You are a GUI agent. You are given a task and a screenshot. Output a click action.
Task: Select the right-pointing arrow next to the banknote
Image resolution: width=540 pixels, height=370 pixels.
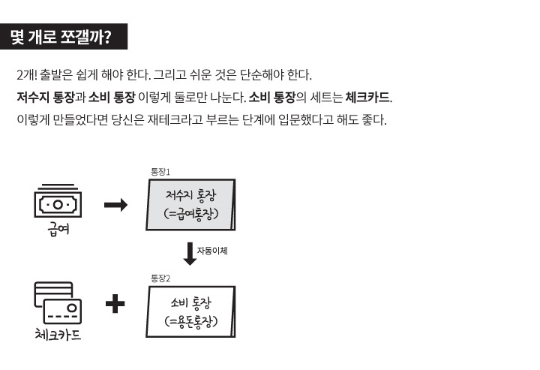click(115, 205)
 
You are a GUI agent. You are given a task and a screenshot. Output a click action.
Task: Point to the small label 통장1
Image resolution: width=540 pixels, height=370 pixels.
click(160, 173)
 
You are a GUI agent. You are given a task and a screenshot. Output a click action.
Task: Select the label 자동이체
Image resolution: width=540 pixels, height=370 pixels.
click(212, 251)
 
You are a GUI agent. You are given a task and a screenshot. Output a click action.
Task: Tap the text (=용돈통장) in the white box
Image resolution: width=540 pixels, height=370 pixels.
click(190, 321)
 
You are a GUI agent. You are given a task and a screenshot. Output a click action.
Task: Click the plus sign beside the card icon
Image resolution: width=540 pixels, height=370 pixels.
click(115, 304)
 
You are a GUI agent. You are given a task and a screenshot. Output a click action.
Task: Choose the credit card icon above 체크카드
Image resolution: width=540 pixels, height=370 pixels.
click(58, 302)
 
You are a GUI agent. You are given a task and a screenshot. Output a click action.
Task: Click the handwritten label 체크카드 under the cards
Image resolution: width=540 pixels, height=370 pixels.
click(58, 335)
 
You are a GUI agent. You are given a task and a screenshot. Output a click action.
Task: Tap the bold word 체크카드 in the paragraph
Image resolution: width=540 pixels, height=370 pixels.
click(368, 98)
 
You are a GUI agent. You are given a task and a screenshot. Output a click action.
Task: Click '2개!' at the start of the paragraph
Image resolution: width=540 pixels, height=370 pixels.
click(27, 77)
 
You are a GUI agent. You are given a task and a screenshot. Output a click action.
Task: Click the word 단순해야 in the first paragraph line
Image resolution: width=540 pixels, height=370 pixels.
click(262, 77)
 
